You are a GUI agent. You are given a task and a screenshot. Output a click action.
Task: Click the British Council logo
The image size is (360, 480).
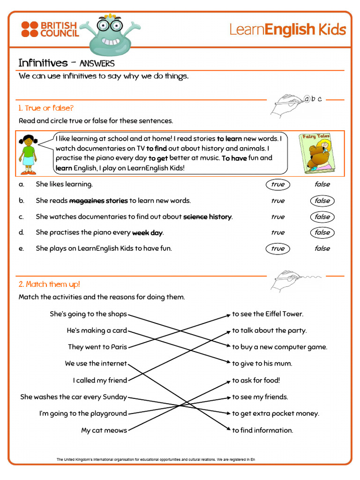point(50,29)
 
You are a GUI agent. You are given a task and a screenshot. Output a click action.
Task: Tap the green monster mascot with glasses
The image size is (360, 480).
point(111,35)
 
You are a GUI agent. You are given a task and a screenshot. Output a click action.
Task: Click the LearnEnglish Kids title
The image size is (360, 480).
point(287,30)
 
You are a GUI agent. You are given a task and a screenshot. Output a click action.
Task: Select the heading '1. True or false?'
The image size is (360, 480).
point(46,108)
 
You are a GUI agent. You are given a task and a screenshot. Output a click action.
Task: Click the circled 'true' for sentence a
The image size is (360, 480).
point(277,184)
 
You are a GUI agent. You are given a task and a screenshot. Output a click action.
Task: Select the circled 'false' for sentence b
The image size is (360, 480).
point(322,201)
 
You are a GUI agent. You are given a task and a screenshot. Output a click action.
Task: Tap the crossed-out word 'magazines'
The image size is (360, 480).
point(87,201)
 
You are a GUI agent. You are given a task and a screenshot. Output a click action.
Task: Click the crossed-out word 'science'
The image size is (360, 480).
point(195,217)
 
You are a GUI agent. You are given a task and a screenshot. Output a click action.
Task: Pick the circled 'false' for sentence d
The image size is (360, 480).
point(322,232)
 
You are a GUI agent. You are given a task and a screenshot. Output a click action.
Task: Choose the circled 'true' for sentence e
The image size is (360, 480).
point(277,248)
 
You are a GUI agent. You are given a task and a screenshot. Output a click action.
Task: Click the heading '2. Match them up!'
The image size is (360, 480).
point(49,285)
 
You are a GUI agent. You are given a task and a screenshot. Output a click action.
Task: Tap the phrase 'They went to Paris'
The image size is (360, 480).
point(97,347)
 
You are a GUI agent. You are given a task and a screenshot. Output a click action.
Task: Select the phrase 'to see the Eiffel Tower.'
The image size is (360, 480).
point(268,314)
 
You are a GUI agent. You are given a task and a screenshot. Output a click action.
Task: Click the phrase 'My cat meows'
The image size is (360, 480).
point(104,430)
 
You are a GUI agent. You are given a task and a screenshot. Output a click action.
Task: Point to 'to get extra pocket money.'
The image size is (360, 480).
point(276,413)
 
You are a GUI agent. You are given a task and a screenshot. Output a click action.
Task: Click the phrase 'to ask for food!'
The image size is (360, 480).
point(256,380)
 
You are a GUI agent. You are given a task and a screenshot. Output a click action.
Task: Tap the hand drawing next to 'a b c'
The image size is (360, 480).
point(287,105)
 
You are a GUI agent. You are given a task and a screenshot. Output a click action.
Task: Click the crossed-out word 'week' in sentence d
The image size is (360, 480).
point(141,232)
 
